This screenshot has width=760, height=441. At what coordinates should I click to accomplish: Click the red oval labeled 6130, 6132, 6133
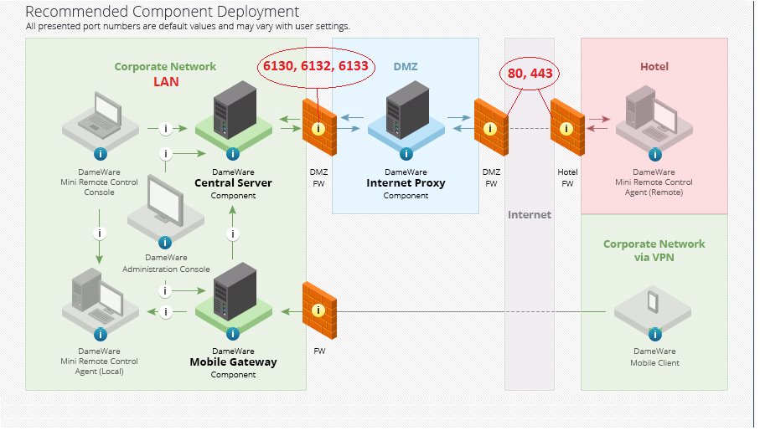pos(316,66)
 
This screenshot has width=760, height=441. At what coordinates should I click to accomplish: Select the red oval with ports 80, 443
pos(530,74)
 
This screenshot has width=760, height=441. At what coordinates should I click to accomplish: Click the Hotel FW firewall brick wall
pos(567,126)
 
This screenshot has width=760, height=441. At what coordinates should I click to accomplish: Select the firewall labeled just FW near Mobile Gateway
pos(318,310)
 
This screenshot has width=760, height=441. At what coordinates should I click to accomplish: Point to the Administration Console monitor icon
pos(164,204)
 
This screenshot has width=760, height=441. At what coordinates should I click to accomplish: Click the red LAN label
pos(166,82)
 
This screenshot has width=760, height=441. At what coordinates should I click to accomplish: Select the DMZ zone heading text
pos(406,66)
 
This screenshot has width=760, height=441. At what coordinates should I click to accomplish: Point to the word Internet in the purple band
pos(530,215)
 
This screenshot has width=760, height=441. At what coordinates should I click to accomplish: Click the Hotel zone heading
pos(654,66)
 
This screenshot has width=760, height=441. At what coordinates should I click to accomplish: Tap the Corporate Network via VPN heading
pos(654,251)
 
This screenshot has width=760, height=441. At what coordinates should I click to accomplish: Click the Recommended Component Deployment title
pos(163,12)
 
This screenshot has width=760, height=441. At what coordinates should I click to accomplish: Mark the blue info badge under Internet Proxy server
pos(406,154)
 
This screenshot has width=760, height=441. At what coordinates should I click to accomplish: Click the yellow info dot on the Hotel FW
pos(566,129)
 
